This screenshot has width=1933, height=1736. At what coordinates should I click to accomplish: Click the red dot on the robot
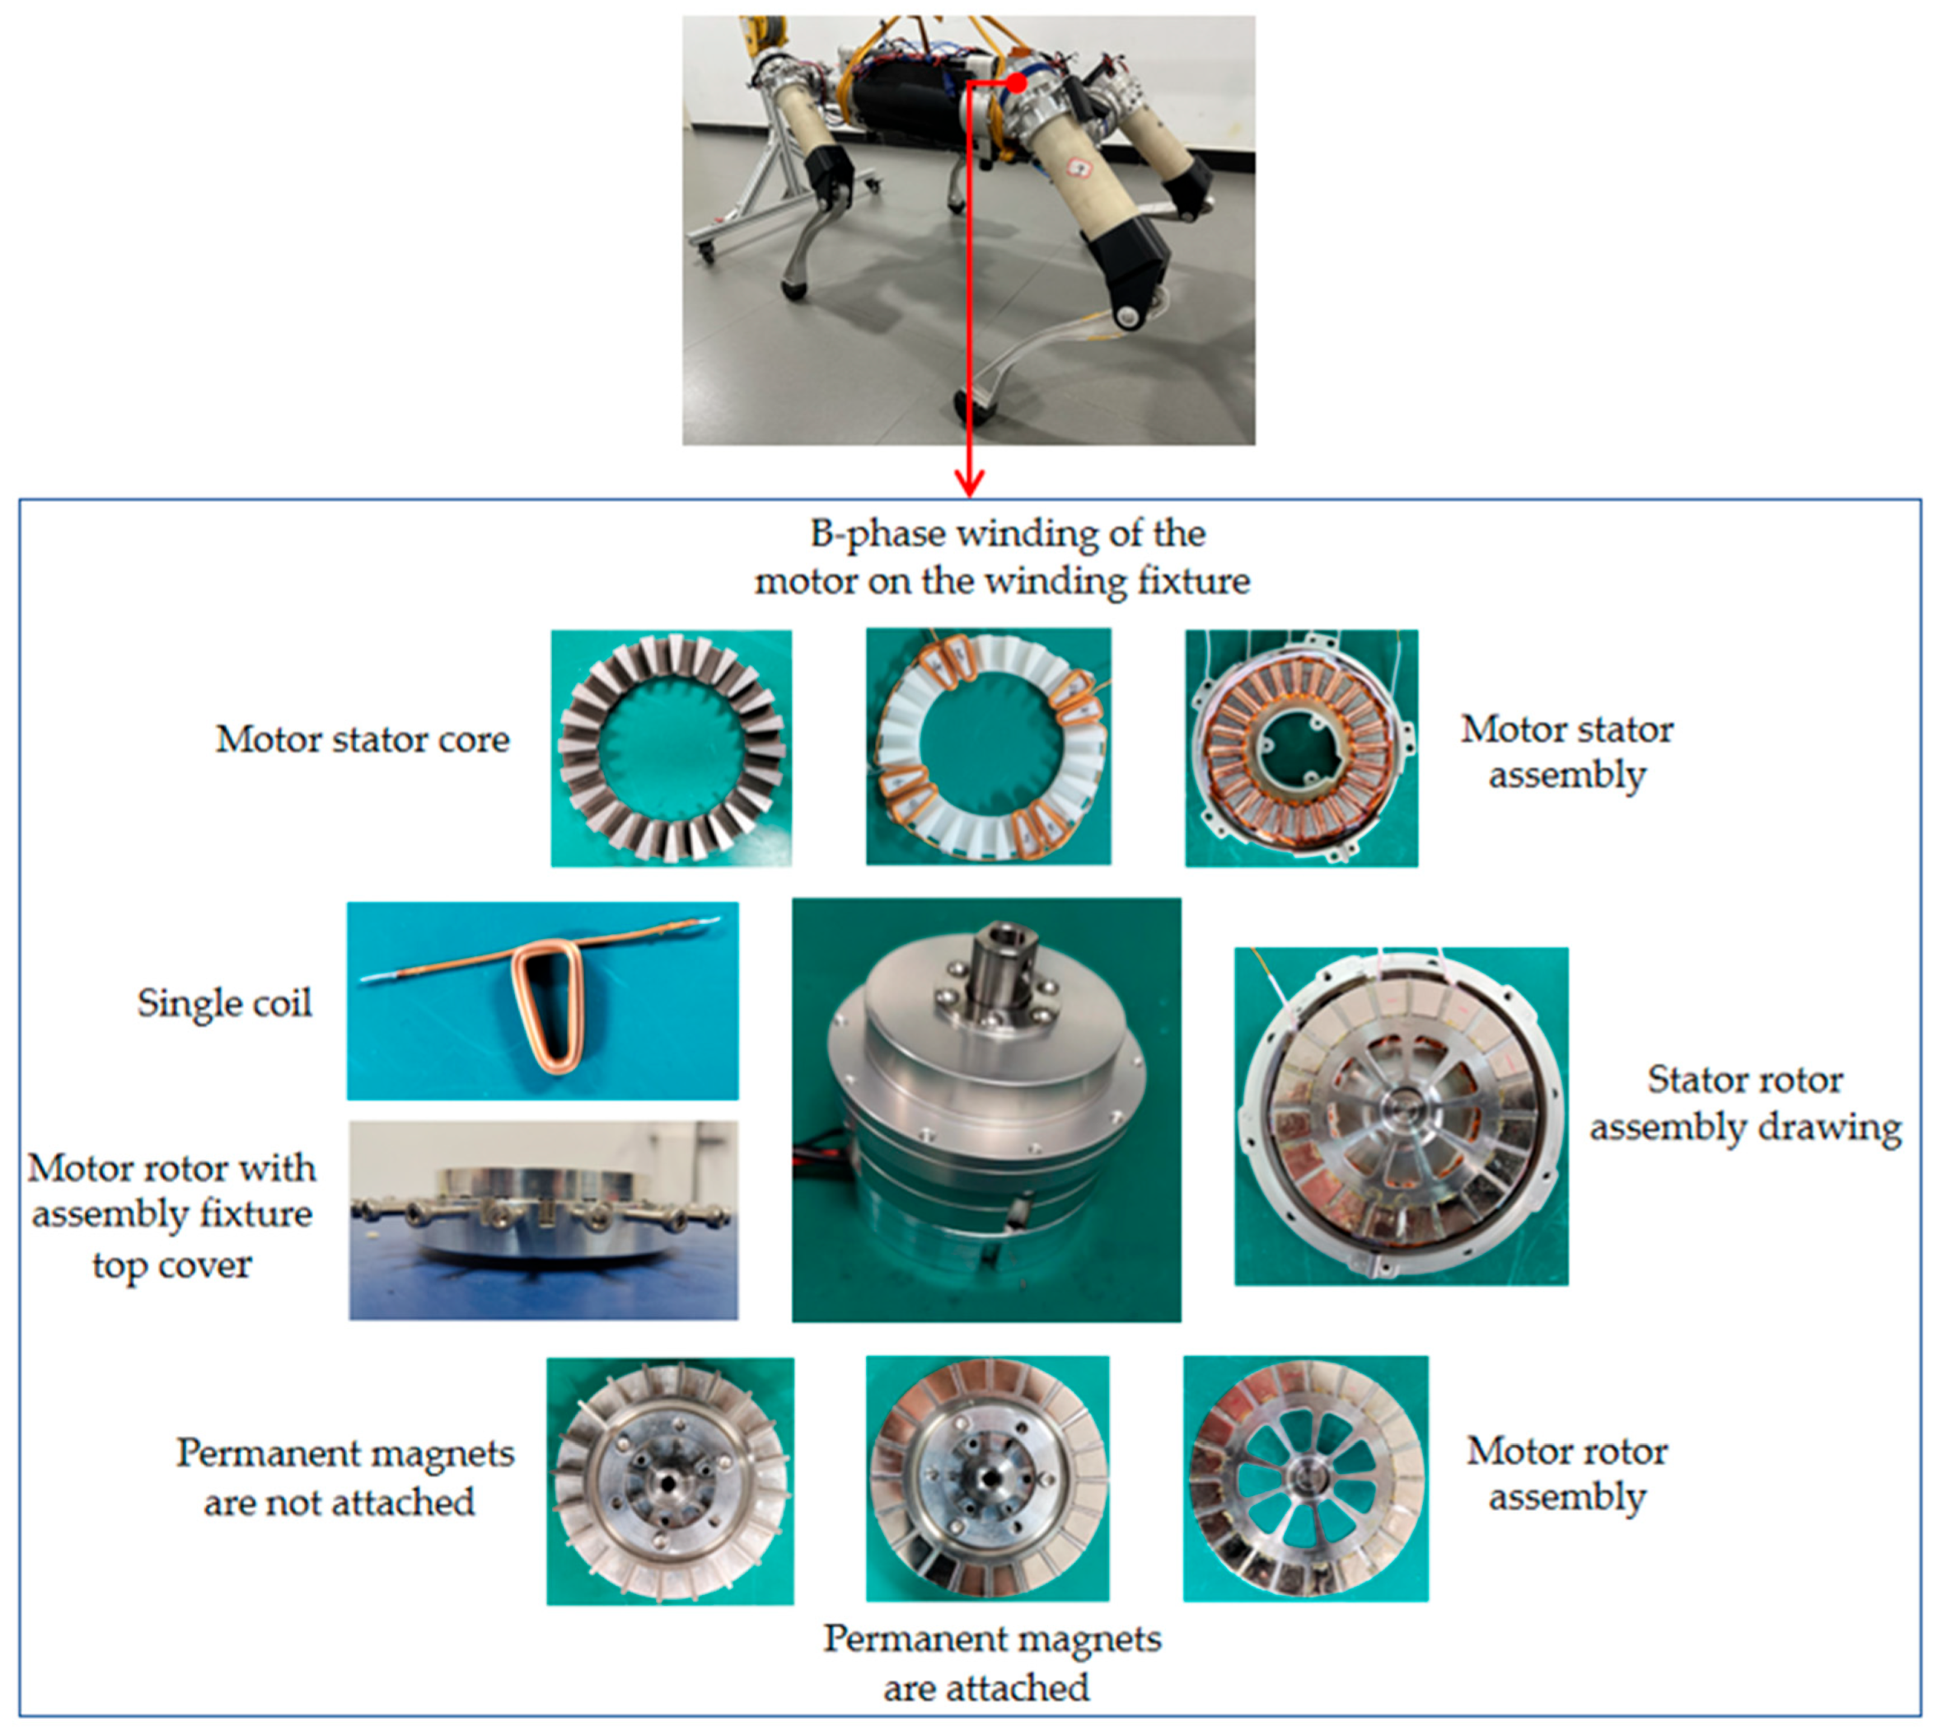pyautogui.click(x=1018, y=83)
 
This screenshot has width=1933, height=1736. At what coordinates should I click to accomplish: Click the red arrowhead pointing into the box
pyautogui.click(x=969, y=484)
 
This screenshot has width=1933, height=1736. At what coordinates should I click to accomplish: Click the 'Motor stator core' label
pyautogui.click(x=363, y=740)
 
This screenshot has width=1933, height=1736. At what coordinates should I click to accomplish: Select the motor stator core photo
pyautogui.click(x=672, y=748)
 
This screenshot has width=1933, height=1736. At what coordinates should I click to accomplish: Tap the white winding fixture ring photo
pyautogui.click(x=989, y=747)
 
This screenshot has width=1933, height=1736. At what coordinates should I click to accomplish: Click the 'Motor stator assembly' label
pyautogui.click(x=1567, y=753)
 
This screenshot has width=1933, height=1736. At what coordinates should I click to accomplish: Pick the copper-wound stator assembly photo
pyautogui.click(x=1302, y=748)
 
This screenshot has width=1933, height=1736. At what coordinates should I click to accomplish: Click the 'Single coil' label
pyautogui.click(x=224, y=1003)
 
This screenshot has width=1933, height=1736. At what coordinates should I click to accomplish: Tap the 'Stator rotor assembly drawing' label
pyautogui.click(x=1745, y=1104)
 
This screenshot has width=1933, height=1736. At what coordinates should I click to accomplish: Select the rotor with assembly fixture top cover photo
pyautogui.click(x=544, y=1220)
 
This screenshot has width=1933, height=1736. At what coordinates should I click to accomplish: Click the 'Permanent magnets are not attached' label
pyautogui.click(x=344, y=1477)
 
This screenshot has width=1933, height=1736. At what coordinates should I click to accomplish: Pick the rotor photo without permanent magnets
pyautogui.click(x=671, y=1481)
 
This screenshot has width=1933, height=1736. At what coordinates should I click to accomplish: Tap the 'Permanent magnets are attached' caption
pyautogui.click(x=992, y=1663)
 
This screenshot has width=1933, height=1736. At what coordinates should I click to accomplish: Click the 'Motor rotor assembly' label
pyautogui.click(x=1567, y=1475)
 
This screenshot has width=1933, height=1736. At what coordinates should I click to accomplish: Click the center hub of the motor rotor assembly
pyautogui.click(x=1303, y=1479)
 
